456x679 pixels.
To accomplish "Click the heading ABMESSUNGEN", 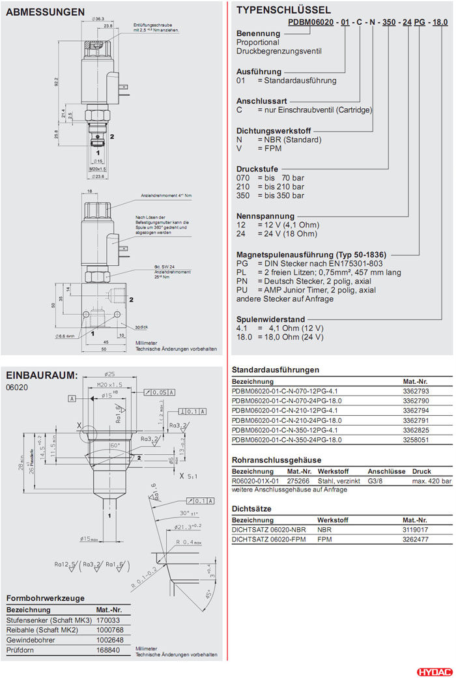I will tap(46, 12).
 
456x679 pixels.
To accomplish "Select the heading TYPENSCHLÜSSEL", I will tap(283, 10).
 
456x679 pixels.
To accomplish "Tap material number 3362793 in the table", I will tap(417, 391).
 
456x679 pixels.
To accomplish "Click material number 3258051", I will tap(417, 440).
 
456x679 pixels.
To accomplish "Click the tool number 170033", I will tap(108, 620).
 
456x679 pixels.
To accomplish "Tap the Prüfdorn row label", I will tap(20, 650).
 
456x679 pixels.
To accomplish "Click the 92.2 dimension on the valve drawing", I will tap(56, 83).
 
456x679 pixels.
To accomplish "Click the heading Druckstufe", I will tap(257, 168).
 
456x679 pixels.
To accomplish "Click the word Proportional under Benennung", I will tap(257, 42).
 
